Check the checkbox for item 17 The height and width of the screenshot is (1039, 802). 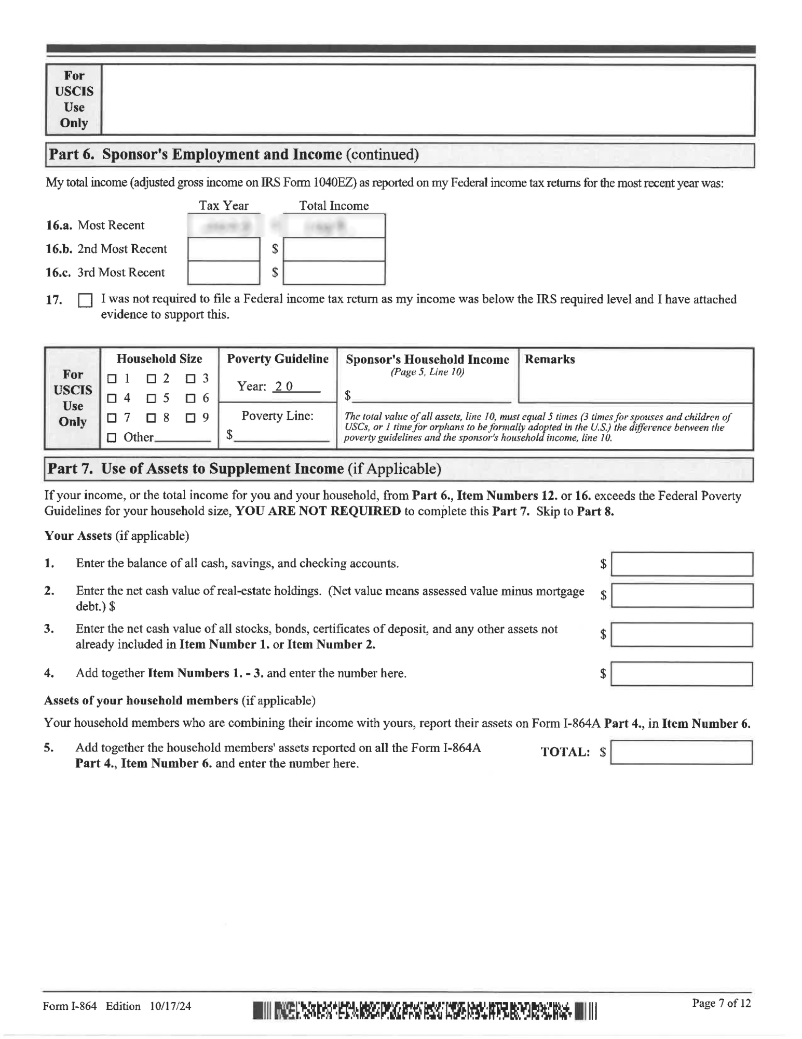click(85, 301)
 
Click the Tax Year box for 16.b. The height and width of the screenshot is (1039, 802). click(224, 249)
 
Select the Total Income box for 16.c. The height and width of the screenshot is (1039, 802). click(334, 273)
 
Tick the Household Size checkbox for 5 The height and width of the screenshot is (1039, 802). click(151, 399)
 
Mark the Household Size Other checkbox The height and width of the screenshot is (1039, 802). click(112, 438)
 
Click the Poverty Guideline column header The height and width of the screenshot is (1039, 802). click(278, 359)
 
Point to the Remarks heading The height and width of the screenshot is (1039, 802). click(550, 359)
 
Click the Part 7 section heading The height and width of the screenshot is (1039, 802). click(244, 469)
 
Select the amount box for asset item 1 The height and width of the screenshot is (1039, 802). click(682, 564)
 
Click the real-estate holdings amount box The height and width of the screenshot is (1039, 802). click(682, 595)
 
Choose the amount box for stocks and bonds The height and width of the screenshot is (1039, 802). click(682, 634)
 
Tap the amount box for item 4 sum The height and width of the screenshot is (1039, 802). click(682, 674)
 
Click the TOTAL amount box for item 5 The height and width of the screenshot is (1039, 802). click(682, 752)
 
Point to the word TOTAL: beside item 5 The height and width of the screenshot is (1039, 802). click(565, 752)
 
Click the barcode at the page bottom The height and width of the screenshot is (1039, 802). click(425, 1010)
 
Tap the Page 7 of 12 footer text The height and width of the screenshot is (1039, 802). click(721, 1003)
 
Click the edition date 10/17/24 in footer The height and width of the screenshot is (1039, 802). click(170, 1006)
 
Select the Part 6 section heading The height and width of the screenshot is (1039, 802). click(233, 155)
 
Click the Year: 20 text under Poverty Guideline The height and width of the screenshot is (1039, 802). click(265, 387)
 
